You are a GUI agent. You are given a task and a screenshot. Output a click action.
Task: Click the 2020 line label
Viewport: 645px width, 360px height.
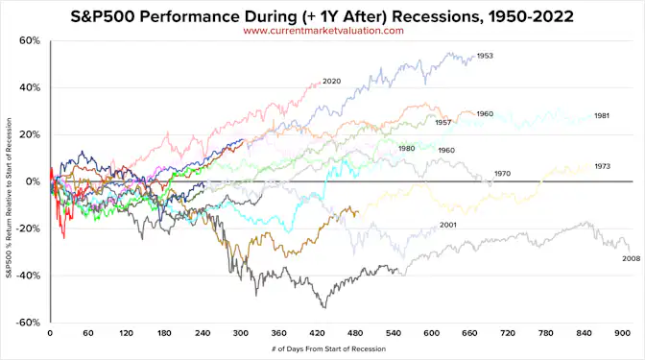332,81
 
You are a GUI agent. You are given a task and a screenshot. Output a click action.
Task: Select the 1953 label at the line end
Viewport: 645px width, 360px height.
485,57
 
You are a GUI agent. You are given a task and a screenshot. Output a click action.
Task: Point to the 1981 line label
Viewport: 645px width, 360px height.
602,116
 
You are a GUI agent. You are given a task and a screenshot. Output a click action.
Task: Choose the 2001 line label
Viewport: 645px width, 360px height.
447,225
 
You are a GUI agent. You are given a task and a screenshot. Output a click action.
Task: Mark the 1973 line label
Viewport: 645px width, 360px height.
604,165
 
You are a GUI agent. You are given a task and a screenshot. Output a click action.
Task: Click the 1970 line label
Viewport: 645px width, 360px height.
503,174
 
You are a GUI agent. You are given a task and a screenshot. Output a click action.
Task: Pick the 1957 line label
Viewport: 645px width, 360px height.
443,123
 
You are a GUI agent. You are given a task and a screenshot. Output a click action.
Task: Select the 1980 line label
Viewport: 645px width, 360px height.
406,148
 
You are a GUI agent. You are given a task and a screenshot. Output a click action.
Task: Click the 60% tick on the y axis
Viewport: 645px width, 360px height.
29,41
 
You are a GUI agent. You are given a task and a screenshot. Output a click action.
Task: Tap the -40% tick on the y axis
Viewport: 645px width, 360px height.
27,275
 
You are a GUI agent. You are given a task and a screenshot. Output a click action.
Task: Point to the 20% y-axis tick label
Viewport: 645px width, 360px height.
29,134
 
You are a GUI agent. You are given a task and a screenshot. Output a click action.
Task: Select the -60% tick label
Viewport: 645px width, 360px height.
27,322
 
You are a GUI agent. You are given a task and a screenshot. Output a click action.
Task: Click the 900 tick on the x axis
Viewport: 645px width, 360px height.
623,334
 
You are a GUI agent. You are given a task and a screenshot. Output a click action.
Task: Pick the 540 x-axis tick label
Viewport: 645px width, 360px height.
394,334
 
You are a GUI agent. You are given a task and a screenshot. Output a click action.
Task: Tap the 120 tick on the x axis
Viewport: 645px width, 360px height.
126,334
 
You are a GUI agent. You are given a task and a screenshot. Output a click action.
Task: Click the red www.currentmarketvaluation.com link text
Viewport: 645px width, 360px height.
322,30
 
